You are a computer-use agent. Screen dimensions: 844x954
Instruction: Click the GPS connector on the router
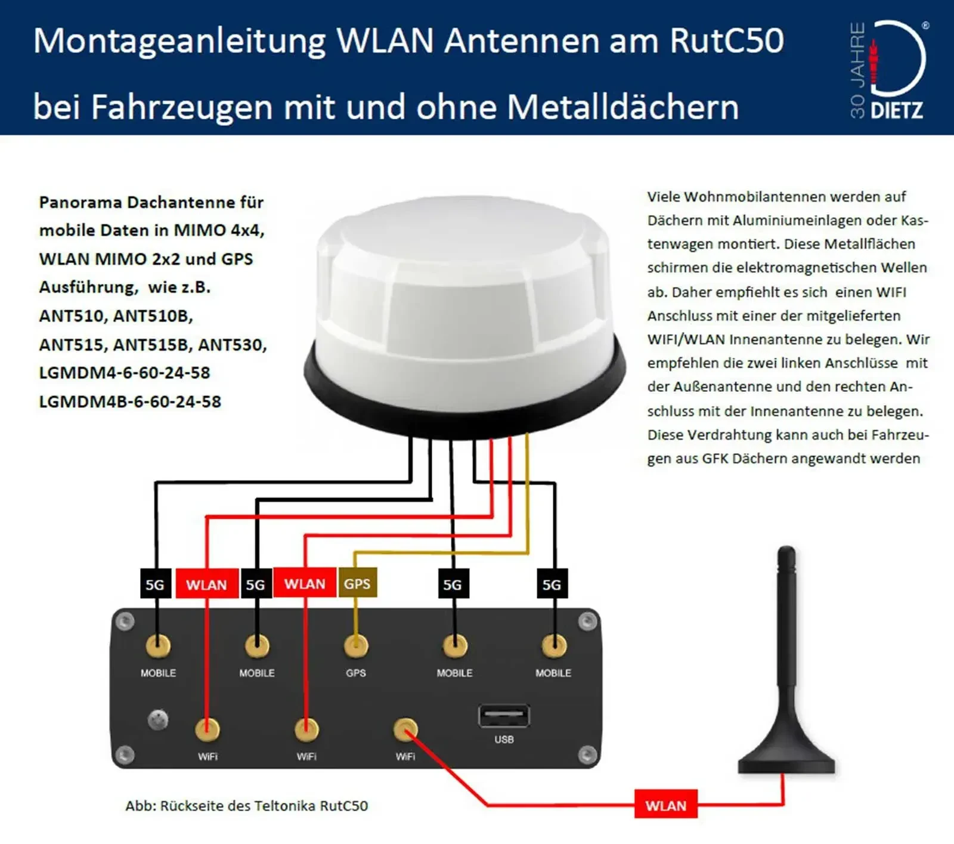pyautogui.click(x=356, y=646)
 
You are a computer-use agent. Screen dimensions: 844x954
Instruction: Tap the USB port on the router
pyautogui.click(x=504, y=716)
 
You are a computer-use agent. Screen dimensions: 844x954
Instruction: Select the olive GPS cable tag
pyautogui.click(x=357, y=583)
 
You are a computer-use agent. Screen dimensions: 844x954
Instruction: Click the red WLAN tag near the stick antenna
pyautogui.click(x=665, y=805)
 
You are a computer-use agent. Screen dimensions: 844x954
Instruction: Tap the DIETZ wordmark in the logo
pyautogui.click(x=897, y=110)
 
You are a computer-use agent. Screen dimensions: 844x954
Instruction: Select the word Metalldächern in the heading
pyautogui.click(x=622, y=107)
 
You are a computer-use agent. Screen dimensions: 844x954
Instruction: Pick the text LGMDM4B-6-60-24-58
pyautogui.click(x=130, y=401)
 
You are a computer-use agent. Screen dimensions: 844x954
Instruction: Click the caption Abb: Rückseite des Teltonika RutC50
pyautogui.click(x=246, y=805)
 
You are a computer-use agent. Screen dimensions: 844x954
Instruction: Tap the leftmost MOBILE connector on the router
pyautogui.click(x=158, y=646)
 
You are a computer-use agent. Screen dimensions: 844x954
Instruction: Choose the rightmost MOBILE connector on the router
pyautogui.click(x=553, y=646)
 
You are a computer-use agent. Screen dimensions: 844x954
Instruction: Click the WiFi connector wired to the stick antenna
pyautogui.click(x=405, y=729)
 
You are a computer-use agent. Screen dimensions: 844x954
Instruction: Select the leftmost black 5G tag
pyautogui.click(x=155, y=585)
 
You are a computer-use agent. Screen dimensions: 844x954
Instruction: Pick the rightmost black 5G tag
pyautogui.click(x=552, y=585)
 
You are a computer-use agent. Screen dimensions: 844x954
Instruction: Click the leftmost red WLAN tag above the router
pyautogui.click(x=206, y=585)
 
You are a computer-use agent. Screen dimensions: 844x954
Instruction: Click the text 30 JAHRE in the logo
pyautogui.click(x=857, y=70)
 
